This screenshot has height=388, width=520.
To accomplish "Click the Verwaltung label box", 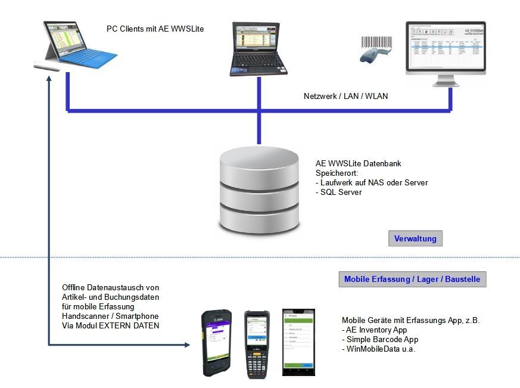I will coord(415,238).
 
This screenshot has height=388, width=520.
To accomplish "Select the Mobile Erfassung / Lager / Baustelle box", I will coord(412,279).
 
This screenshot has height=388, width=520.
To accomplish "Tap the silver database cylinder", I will coord(259,191).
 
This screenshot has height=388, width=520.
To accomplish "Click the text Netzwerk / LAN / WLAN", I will coord(345,95).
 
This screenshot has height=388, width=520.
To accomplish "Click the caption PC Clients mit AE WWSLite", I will coord(155,28).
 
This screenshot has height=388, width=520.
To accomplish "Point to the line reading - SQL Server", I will coord(341,192).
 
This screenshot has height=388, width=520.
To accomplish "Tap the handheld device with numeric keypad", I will coord(257,344).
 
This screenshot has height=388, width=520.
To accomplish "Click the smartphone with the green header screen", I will coord(298,342).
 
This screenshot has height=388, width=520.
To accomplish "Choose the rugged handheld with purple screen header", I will coord(217,343).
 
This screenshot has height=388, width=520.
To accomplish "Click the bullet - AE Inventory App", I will coord(374,330).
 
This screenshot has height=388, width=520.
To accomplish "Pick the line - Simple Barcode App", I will coord(380,339).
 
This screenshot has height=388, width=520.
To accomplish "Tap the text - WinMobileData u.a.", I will coord(378,349).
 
